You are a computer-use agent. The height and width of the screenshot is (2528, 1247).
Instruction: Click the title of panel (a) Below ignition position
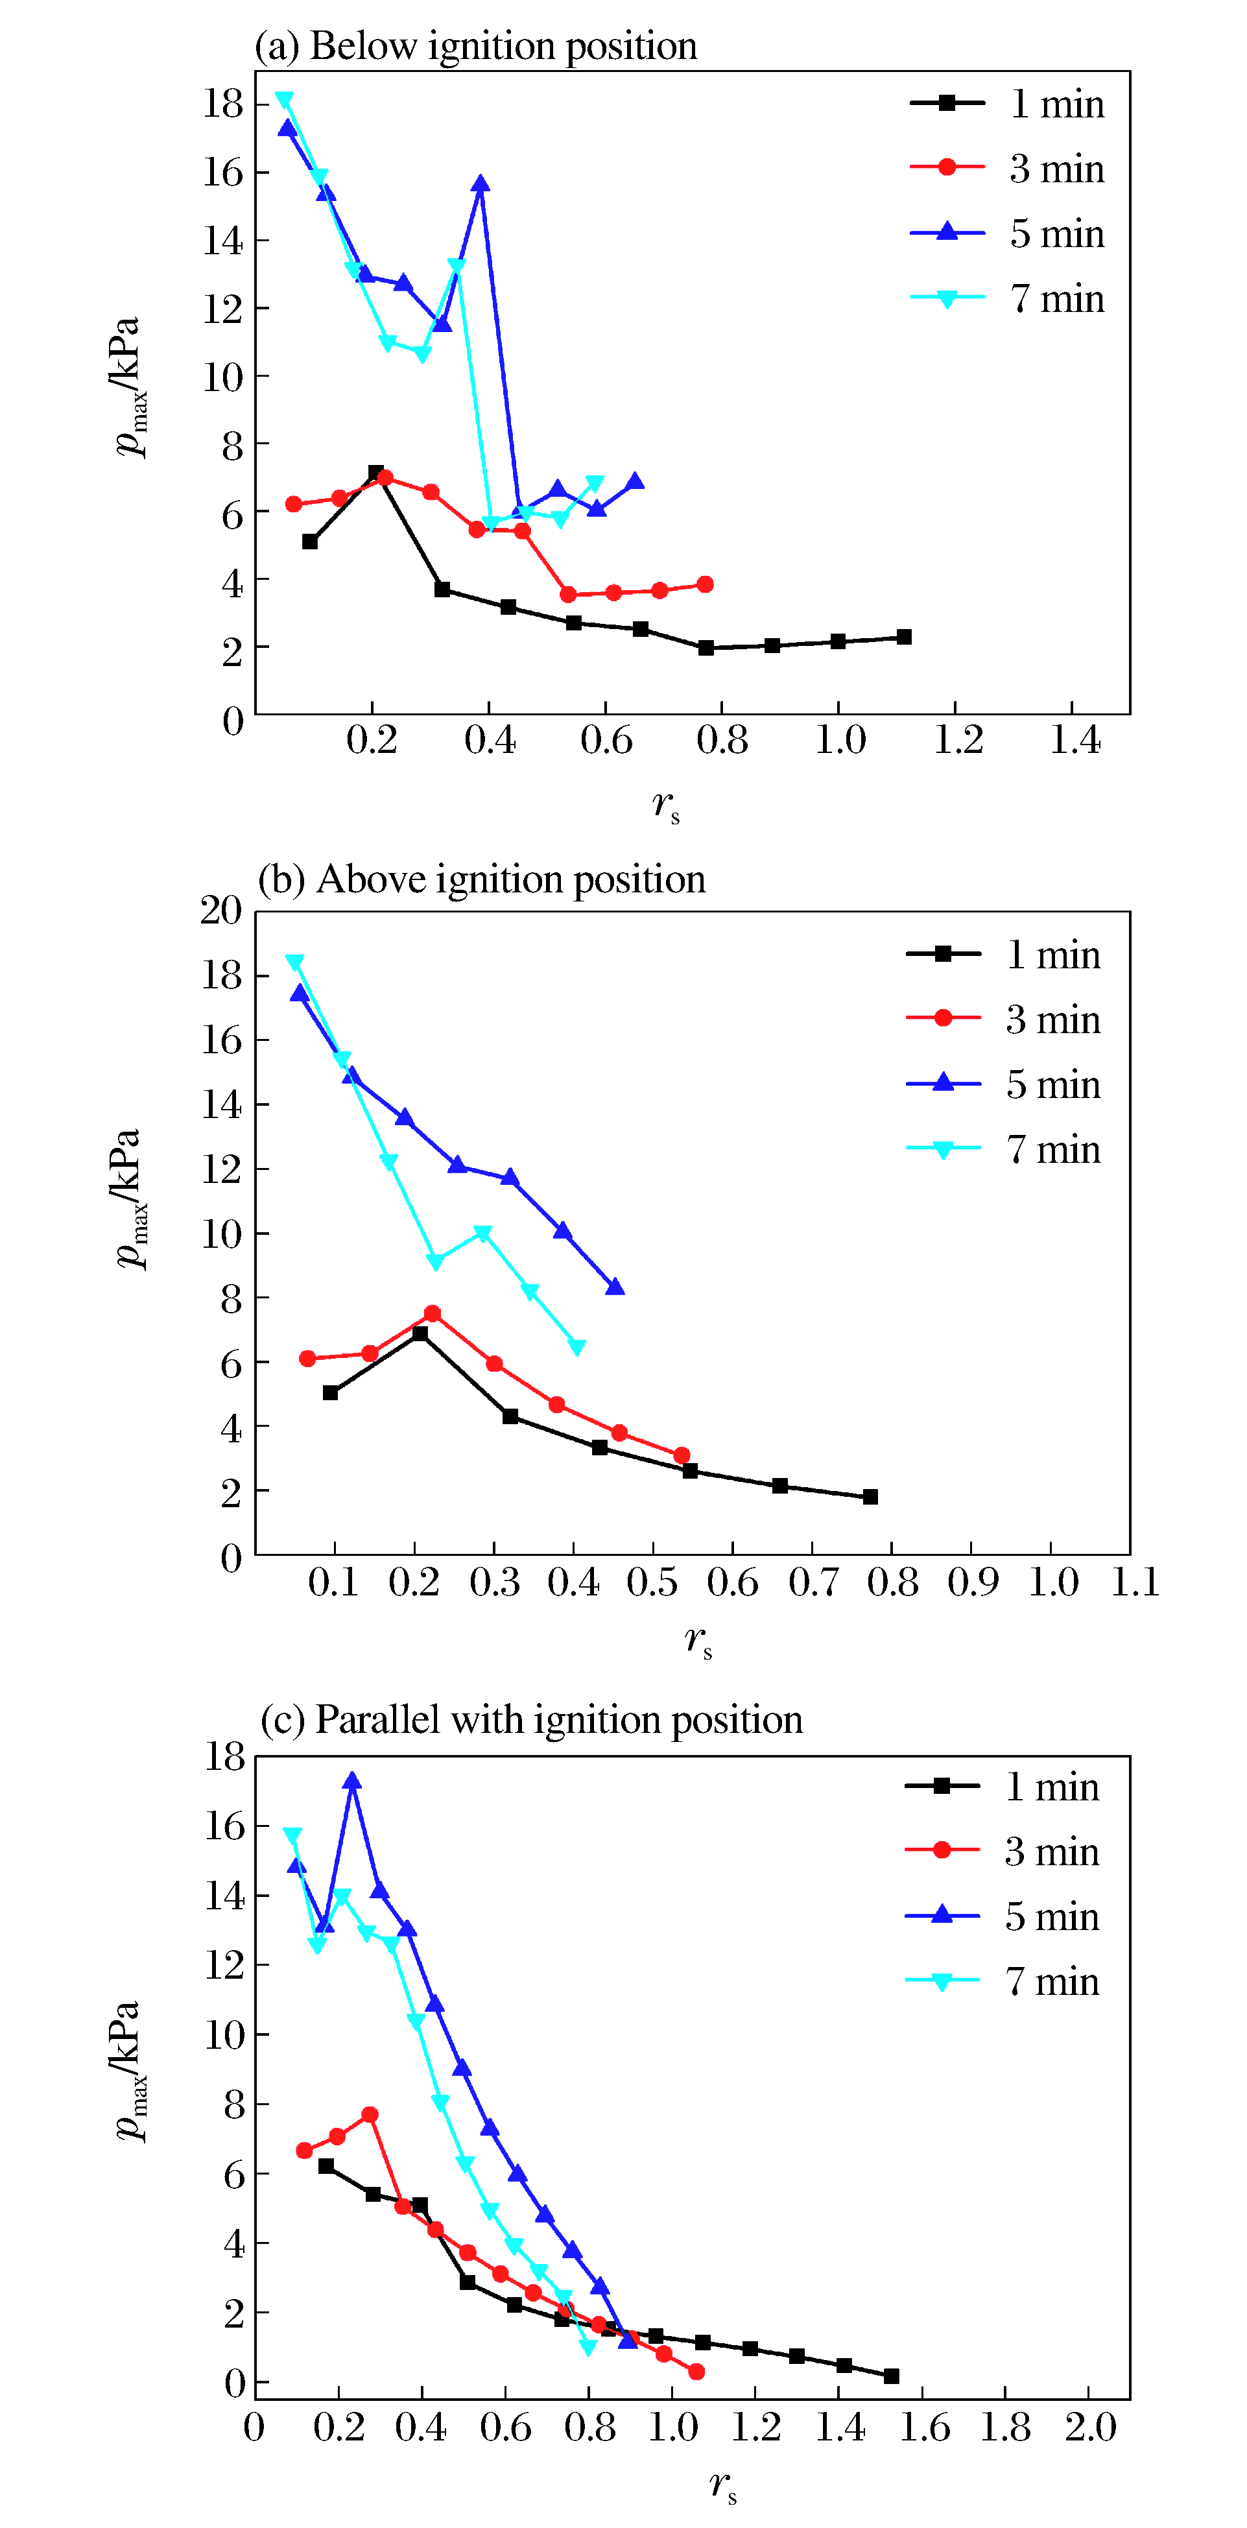click(x=476, y=46)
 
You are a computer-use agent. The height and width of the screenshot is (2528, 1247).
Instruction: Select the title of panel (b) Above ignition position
click(x=481, y=879)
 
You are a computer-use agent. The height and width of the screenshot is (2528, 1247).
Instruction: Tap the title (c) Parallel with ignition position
click(x=531, y=1721)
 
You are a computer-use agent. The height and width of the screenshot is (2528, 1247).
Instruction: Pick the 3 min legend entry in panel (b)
click(x=1003, y=1020)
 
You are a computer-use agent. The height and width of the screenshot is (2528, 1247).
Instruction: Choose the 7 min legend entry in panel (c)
click(x=1002, y=1981)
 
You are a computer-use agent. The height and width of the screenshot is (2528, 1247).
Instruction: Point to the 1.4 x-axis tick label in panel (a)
click(x=1075, y=741)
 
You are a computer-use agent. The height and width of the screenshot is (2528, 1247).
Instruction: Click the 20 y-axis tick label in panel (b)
click(x=220, y=911)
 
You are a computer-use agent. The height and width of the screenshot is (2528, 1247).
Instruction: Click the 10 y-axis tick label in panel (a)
click(x=222, y=377)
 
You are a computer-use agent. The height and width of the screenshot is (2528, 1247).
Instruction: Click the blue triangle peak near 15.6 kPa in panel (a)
click(x=480, y=184)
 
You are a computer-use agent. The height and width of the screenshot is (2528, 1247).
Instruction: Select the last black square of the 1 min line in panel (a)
click(x=903, y=637)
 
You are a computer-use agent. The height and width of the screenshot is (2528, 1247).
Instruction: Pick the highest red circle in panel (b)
click(x=432, y=1313)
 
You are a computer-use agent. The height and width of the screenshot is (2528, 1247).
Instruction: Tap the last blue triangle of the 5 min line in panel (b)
click(x=615, y=1287)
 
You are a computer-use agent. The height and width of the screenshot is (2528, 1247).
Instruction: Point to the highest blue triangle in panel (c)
click(x=352, y=1781)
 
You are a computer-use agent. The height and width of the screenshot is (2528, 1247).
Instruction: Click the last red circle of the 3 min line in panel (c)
click(x=696, y=2371)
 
